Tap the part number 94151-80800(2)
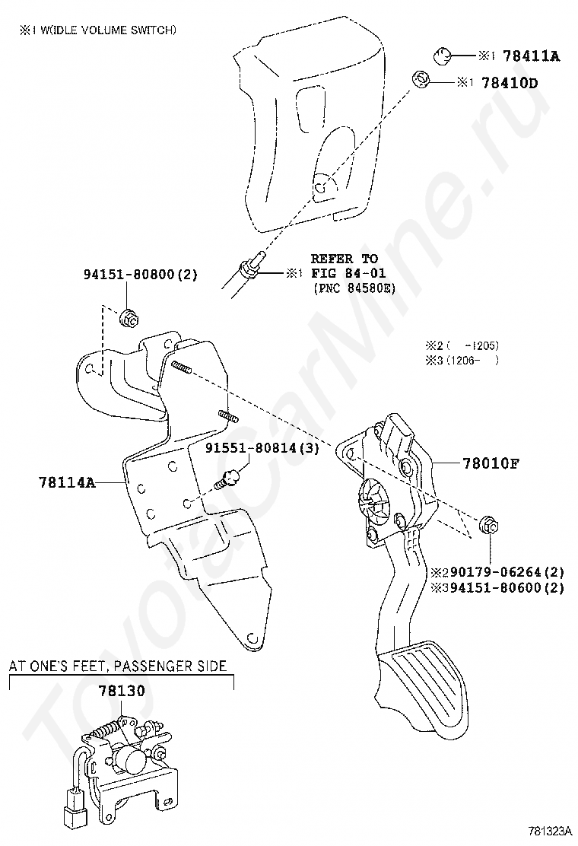(140, 275)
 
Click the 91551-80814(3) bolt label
(262, 448)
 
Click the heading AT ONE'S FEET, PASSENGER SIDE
(118, 666)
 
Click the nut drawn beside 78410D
(419, 78)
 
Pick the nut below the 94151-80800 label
(129, 319)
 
